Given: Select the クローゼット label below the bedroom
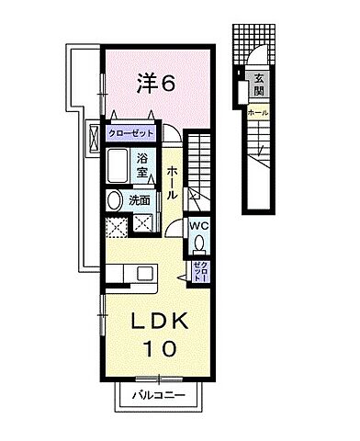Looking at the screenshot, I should coord(130,133).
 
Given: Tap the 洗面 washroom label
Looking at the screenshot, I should coord(140,199).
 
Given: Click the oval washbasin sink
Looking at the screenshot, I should coord(115,199).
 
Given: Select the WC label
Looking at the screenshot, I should coord(199,224).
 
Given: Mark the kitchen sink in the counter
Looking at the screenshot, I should coord(143,274).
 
